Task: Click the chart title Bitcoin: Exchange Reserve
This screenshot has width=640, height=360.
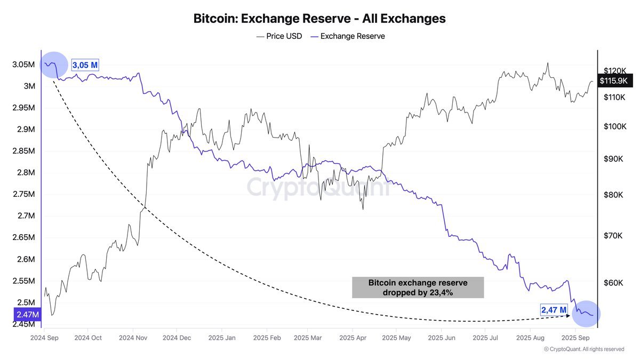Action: [x=319, y=19]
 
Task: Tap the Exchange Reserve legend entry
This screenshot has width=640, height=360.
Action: [x=347, y=36]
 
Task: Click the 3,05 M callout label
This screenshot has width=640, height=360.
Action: [x=85, y=66]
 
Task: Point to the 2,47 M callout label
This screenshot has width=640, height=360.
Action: [x=554, y=309]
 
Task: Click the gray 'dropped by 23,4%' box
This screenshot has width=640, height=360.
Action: [x=418, y=287]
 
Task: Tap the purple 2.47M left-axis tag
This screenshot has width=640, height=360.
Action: [x=27, y=315]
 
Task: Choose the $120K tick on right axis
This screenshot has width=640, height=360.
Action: [x=614, y=70]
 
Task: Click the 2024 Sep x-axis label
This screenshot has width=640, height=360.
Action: [x=44, y=338]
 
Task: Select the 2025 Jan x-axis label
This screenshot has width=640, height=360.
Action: [x=222, y=338]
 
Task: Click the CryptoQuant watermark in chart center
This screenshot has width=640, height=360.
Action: [x=318, y=188]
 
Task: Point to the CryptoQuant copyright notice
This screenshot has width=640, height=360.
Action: [x=583, y=349]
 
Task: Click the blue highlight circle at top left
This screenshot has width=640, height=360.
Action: [x=54, y=65]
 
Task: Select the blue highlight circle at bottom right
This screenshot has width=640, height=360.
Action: [x=586, y=314]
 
